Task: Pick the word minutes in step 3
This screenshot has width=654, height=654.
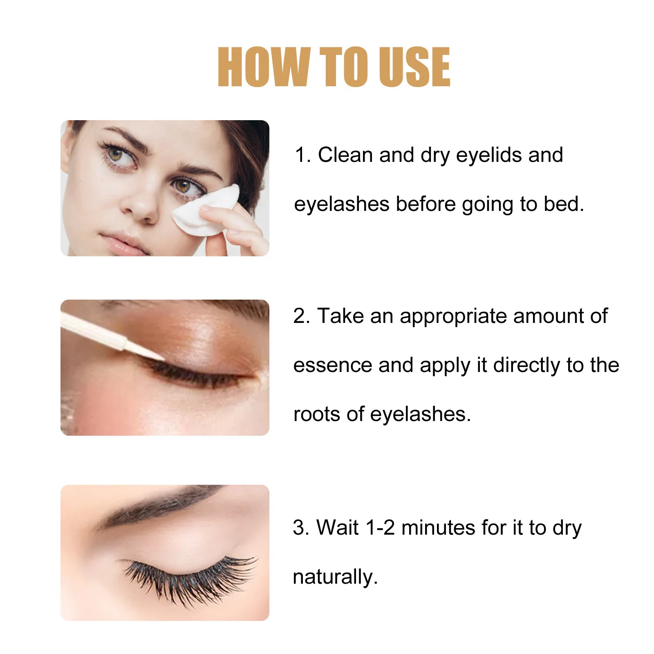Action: [438, 527]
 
